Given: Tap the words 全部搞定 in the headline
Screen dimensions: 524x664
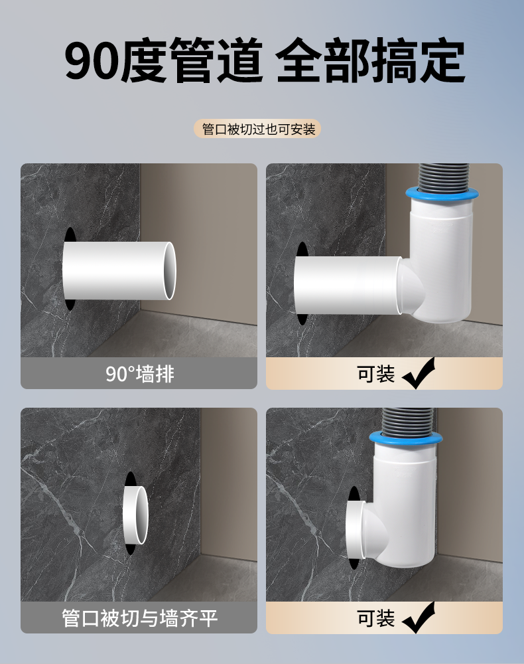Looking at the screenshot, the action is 371,60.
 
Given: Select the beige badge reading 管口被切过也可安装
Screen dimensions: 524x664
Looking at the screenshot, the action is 257,129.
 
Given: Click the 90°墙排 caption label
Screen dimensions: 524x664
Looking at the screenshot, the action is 139,373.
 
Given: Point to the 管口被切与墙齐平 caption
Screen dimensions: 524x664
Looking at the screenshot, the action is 139,618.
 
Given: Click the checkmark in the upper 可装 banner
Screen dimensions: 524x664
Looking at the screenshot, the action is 419,373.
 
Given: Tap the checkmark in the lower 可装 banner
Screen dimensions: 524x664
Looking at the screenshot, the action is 419,618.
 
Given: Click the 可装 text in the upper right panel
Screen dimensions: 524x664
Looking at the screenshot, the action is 375,373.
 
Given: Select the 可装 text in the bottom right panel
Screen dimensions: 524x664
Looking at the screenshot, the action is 375,618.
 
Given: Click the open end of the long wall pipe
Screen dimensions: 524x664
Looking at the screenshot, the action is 170,271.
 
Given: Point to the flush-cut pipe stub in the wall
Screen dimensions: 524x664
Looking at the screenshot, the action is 136,515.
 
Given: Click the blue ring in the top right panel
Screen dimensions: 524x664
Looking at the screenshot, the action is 442,194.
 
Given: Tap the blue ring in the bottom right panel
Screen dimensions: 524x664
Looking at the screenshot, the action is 405,438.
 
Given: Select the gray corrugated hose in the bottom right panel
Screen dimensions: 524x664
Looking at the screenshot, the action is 406,420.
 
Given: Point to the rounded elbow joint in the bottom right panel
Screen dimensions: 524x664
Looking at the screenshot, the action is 373,530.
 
